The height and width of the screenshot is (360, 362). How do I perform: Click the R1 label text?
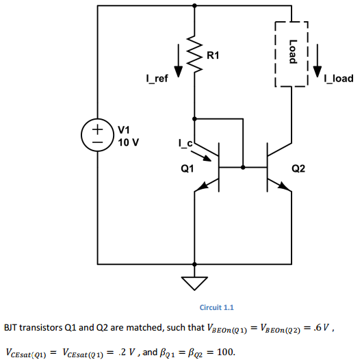(214, 54)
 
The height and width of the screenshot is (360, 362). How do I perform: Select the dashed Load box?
(292, 53)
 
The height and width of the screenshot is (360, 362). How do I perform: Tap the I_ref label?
(157, 79)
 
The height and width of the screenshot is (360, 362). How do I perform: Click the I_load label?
(339, 79)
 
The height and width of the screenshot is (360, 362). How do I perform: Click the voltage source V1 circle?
(99, 133)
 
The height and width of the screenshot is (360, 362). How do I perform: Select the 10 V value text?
(129, 142)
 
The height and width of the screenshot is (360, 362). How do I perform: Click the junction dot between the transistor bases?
(242, 166)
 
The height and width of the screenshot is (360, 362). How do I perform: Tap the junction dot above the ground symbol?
(196, 263)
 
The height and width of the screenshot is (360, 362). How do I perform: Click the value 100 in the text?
(224, 350)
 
